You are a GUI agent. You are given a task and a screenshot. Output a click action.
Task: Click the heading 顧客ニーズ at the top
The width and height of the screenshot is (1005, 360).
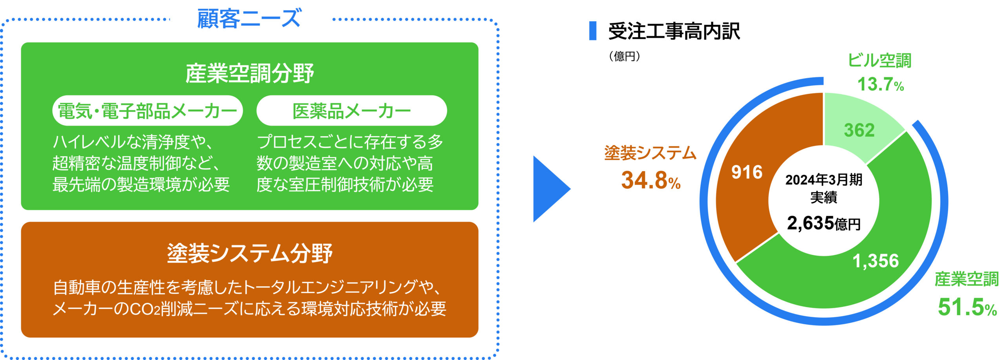[x=249, y=18]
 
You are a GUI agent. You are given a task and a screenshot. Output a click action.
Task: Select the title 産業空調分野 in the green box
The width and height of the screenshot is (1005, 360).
[x=250, y=73]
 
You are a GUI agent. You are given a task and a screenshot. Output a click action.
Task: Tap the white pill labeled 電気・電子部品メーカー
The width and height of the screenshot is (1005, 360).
[x=148, y=111]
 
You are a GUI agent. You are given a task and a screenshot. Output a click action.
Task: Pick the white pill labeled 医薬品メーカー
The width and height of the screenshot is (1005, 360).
[x=352, y=111]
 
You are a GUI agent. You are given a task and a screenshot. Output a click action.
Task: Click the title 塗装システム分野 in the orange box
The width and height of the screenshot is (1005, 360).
[x=250, y=253]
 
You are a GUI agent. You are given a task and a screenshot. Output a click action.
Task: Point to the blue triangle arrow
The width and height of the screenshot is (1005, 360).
[x=552, y=189]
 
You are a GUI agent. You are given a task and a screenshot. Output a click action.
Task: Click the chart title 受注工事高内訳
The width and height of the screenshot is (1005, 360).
[x=674, y=31]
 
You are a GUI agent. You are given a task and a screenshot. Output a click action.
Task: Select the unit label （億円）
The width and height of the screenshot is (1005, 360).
[x=625, y=57]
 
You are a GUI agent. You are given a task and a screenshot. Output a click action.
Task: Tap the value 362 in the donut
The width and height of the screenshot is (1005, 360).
[x=859, y=130]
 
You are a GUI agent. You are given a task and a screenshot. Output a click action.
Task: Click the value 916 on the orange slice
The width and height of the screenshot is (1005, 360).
[x=747, y=172]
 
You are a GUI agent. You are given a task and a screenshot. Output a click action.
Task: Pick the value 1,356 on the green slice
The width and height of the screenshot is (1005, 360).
[x=875, y=261]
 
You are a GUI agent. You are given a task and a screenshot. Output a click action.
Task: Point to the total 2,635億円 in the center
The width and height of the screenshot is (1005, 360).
[x=824, y=223]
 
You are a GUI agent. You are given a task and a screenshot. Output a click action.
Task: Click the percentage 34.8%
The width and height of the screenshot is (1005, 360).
[x=651, y=180]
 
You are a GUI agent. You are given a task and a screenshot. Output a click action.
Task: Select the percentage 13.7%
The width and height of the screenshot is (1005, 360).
[x=881, y=84]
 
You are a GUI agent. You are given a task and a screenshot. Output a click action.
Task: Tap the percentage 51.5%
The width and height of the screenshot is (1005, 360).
[x=967, y=307]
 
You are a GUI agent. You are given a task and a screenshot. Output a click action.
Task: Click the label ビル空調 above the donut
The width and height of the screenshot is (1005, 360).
[x=879, y=60]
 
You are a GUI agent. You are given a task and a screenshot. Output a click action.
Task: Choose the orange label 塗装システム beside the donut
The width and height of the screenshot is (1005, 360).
[x=650, y=153]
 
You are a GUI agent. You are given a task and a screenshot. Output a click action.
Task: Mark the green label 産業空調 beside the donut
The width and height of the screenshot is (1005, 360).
[x=967, y=279]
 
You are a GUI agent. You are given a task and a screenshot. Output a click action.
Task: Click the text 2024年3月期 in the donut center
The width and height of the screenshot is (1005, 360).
[x=824, y=180]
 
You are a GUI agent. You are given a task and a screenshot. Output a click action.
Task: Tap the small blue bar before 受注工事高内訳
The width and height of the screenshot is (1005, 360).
[x=593, y=31]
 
